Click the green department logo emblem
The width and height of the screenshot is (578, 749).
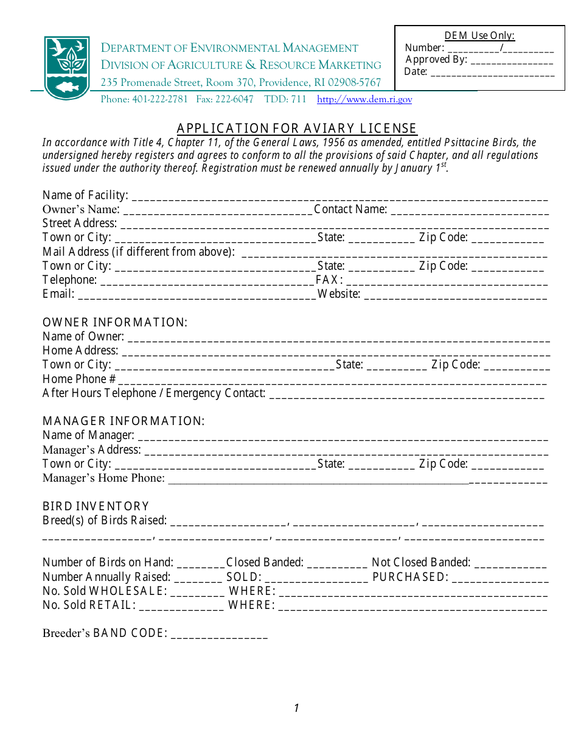[67, 67]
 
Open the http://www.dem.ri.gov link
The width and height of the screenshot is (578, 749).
[364, 99]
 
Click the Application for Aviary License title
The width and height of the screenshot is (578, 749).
[297, 128]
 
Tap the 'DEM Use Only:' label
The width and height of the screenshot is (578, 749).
[479, 35]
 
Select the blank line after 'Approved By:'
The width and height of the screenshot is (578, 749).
[512, 60]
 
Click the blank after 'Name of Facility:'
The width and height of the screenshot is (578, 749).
[339, 196]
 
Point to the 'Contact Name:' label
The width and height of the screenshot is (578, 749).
[350, 209]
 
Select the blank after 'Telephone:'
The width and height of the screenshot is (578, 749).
[207, 281]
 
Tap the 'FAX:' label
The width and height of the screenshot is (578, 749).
[330, 280]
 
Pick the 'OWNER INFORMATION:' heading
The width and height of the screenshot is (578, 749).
[115, 322]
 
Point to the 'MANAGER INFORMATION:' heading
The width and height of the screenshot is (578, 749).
[124, 421]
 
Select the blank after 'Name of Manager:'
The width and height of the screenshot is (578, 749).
[343, 436]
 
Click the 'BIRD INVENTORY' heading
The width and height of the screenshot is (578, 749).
[96, 506]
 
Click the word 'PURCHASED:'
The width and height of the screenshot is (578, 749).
[411, 577]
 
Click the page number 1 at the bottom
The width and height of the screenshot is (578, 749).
[296, 708]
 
